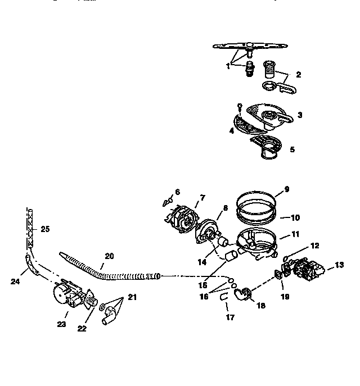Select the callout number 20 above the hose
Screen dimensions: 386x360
(x=109, y=256)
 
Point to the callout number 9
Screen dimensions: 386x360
(x=286, y=189)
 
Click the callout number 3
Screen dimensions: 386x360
(x=300, y=115)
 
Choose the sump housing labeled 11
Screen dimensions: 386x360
(x=256, y=241)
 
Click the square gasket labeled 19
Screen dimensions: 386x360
(x=278, y=275)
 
